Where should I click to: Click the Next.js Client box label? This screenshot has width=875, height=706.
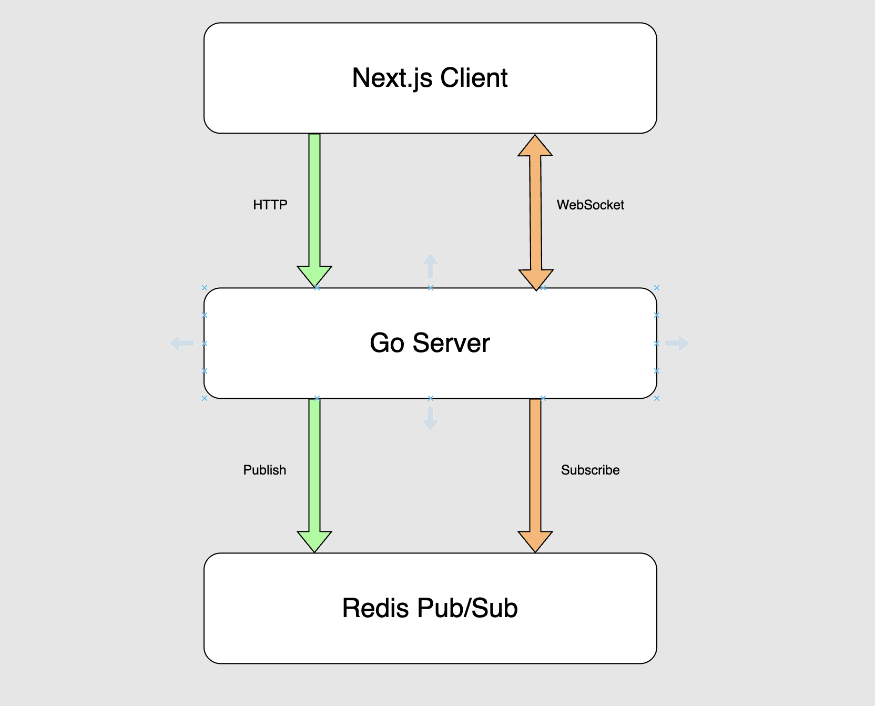tap(430, 78)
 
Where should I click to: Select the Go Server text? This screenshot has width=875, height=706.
tap(430, 343)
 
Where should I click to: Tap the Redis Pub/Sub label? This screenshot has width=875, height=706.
tap(430, 608)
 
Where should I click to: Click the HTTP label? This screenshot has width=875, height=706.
tap(270, 205)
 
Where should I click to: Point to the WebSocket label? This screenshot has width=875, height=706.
tap(590, 205)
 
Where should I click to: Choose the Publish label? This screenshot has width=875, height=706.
tap(264, 470)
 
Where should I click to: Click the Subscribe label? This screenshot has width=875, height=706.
tap(590, 470)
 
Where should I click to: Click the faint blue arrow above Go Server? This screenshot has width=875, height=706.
tap(430, 266)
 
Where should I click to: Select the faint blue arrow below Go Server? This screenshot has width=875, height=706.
tap(430, 419)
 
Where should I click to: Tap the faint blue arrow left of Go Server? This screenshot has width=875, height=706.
tap(181, 344)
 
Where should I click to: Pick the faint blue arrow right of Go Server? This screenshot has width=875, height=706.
tap(677, 344)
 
